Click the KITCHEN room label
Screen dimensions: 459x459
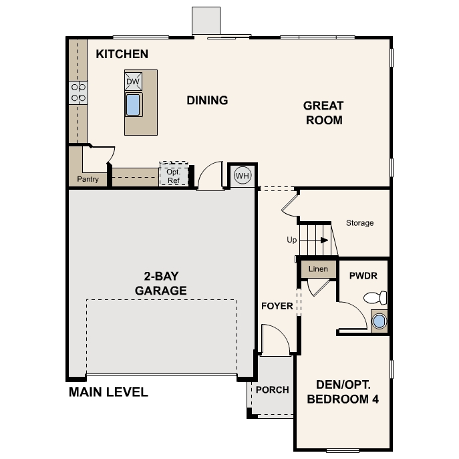[122, 54]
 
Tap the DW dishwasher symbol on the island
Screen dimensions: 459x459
[133, 82]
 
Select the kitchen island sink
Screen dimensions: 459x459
[133, 105]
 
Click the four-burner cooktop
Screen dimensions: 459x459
[78, 93]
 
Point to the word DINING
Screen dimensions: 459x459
[207, 101]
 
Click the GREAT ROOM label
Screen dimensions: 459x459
[323, 113]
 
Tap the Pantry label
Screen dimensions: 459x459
[88, 179]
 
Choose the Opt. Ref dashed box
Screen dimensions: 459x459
[174, 176]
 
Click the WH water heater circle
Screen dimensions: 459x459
[241, 176]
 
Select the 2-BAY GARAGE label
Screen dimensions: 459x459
[160, 283]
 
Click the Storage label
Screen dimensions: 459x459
[359, 223]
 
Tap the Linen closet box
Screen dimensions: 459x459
[318, 269]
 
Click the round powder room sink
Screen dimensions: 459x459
[379, 321]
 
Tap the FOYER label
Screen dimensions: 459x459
[277, 307]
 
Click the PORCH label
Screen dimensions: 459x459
[273, 390]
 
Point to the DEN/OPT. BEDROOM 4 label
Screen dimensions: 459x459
[343, 393]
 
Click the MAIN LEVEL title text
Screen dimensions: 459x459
[108, 392]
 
